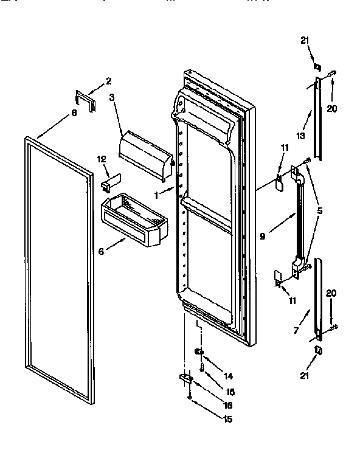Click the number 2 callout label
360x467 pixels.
pos(108,80)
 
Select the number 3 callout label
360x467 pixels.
pos(112,97)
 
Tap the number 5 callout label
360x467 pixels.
pos(320,211)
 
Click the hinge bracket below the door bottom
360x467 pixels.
pos(185,378)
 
